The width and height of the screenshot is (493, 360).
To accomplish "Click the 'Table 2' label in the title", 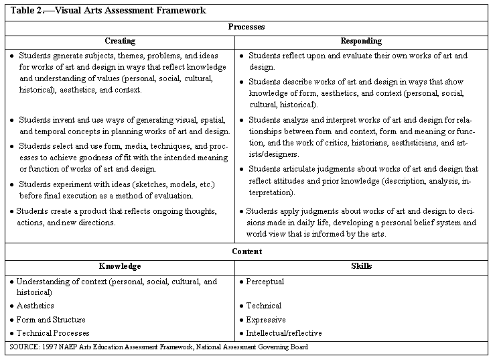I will click(x=24, y=11).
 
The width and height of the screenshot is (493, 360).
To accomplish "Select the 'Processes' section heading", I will click(x=246, y=27).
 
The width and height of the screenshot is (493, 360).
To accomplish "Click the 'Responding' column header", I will click(x=361, y=41).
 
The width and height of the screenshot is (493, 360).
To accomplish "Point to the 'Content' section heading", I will click(x=246, y=251).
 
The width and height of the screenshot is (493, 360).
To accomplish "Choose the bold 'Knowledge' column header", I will click(x=121, y=266).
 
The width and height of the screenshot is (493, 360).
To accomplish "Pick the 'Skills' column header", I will click(x=361, y=266).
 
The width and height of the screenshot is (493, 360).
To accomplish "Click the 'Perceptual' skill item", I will click(x=265, y=282).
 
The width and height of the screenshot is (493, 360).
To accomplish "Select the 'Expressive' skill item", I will click(x=265, y=320).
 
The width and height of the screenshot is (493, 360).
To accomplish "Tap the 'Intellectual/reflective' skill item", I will click(x=283, y=333).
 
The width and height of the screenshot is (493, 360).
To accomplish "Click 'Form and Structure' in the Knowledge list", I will click(x=52, y=320).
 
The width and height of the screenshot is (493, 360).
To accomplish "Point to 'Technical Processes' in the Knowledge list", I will click(x=52, y=333).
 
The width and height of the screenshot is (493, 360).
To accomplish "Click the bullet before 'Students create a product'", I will click(x=12, y=211).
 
